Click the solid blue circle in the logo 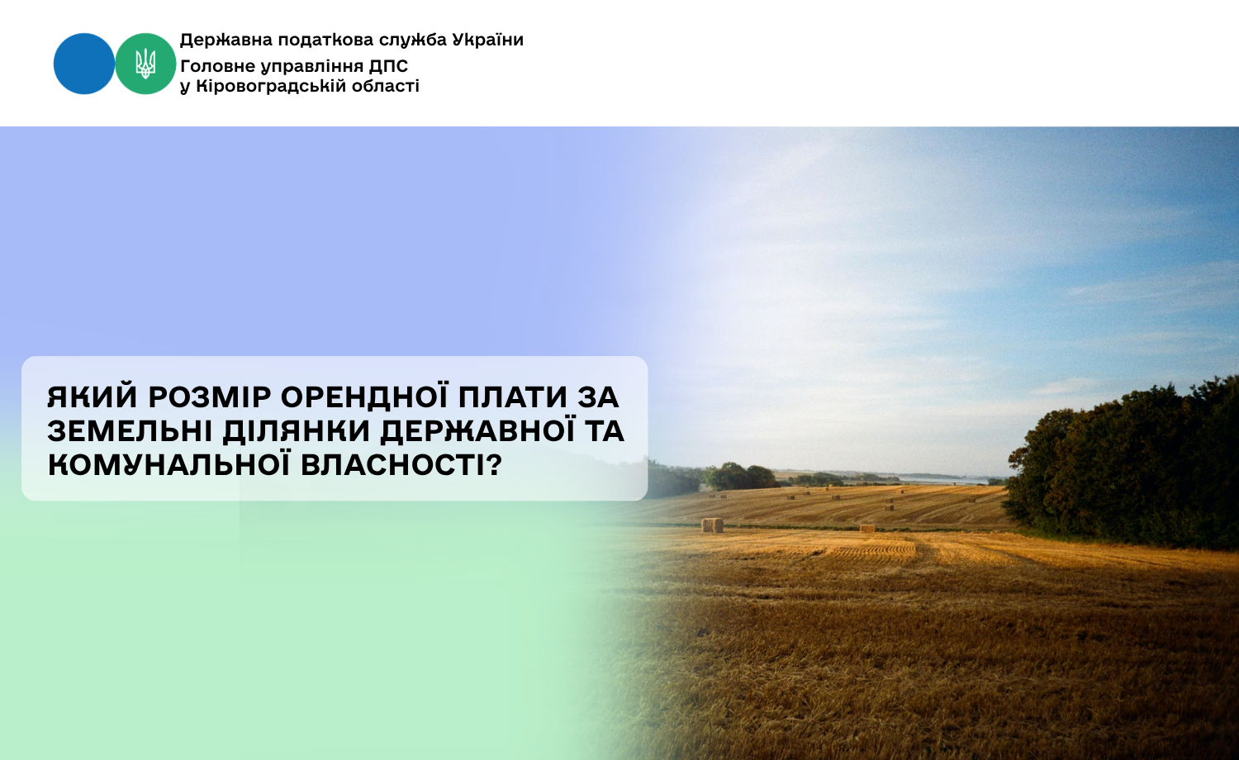click(x=84, y=64)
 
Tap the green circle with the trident click(x=145, y=64)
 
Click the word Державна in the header click(x=226, y=40)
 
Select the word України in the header click(x=487, y=40)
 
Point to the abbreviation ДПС click(x=388, y=66)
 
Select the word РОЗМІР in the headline click(x=209, y=397)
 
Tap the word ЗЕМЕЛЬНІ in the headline click(x=130, y=430)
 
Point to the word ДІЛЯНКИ click(x=296, y=430)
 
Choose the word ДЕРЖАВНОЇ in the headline click(x=477, y=430)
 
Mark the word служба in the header click(x=413, y=40)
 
